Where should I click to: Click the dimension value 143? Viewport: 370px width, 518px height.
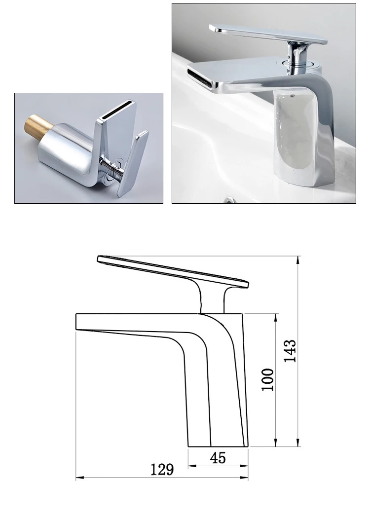[x=291, y=351]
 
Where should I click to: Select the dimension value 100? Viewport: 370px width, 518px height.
[x=267, y=379]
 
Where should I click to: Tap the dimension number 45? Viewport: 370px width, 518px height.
[x=218, y=458]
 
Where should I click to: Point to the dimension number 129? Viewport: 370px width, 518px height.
[x=162, y=470]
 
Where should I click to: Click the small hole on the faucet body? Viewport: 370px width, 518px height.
[x=294, y=92]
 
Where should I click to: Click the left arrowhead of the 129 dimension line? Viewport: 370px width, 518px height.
[x=78, y=478]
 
